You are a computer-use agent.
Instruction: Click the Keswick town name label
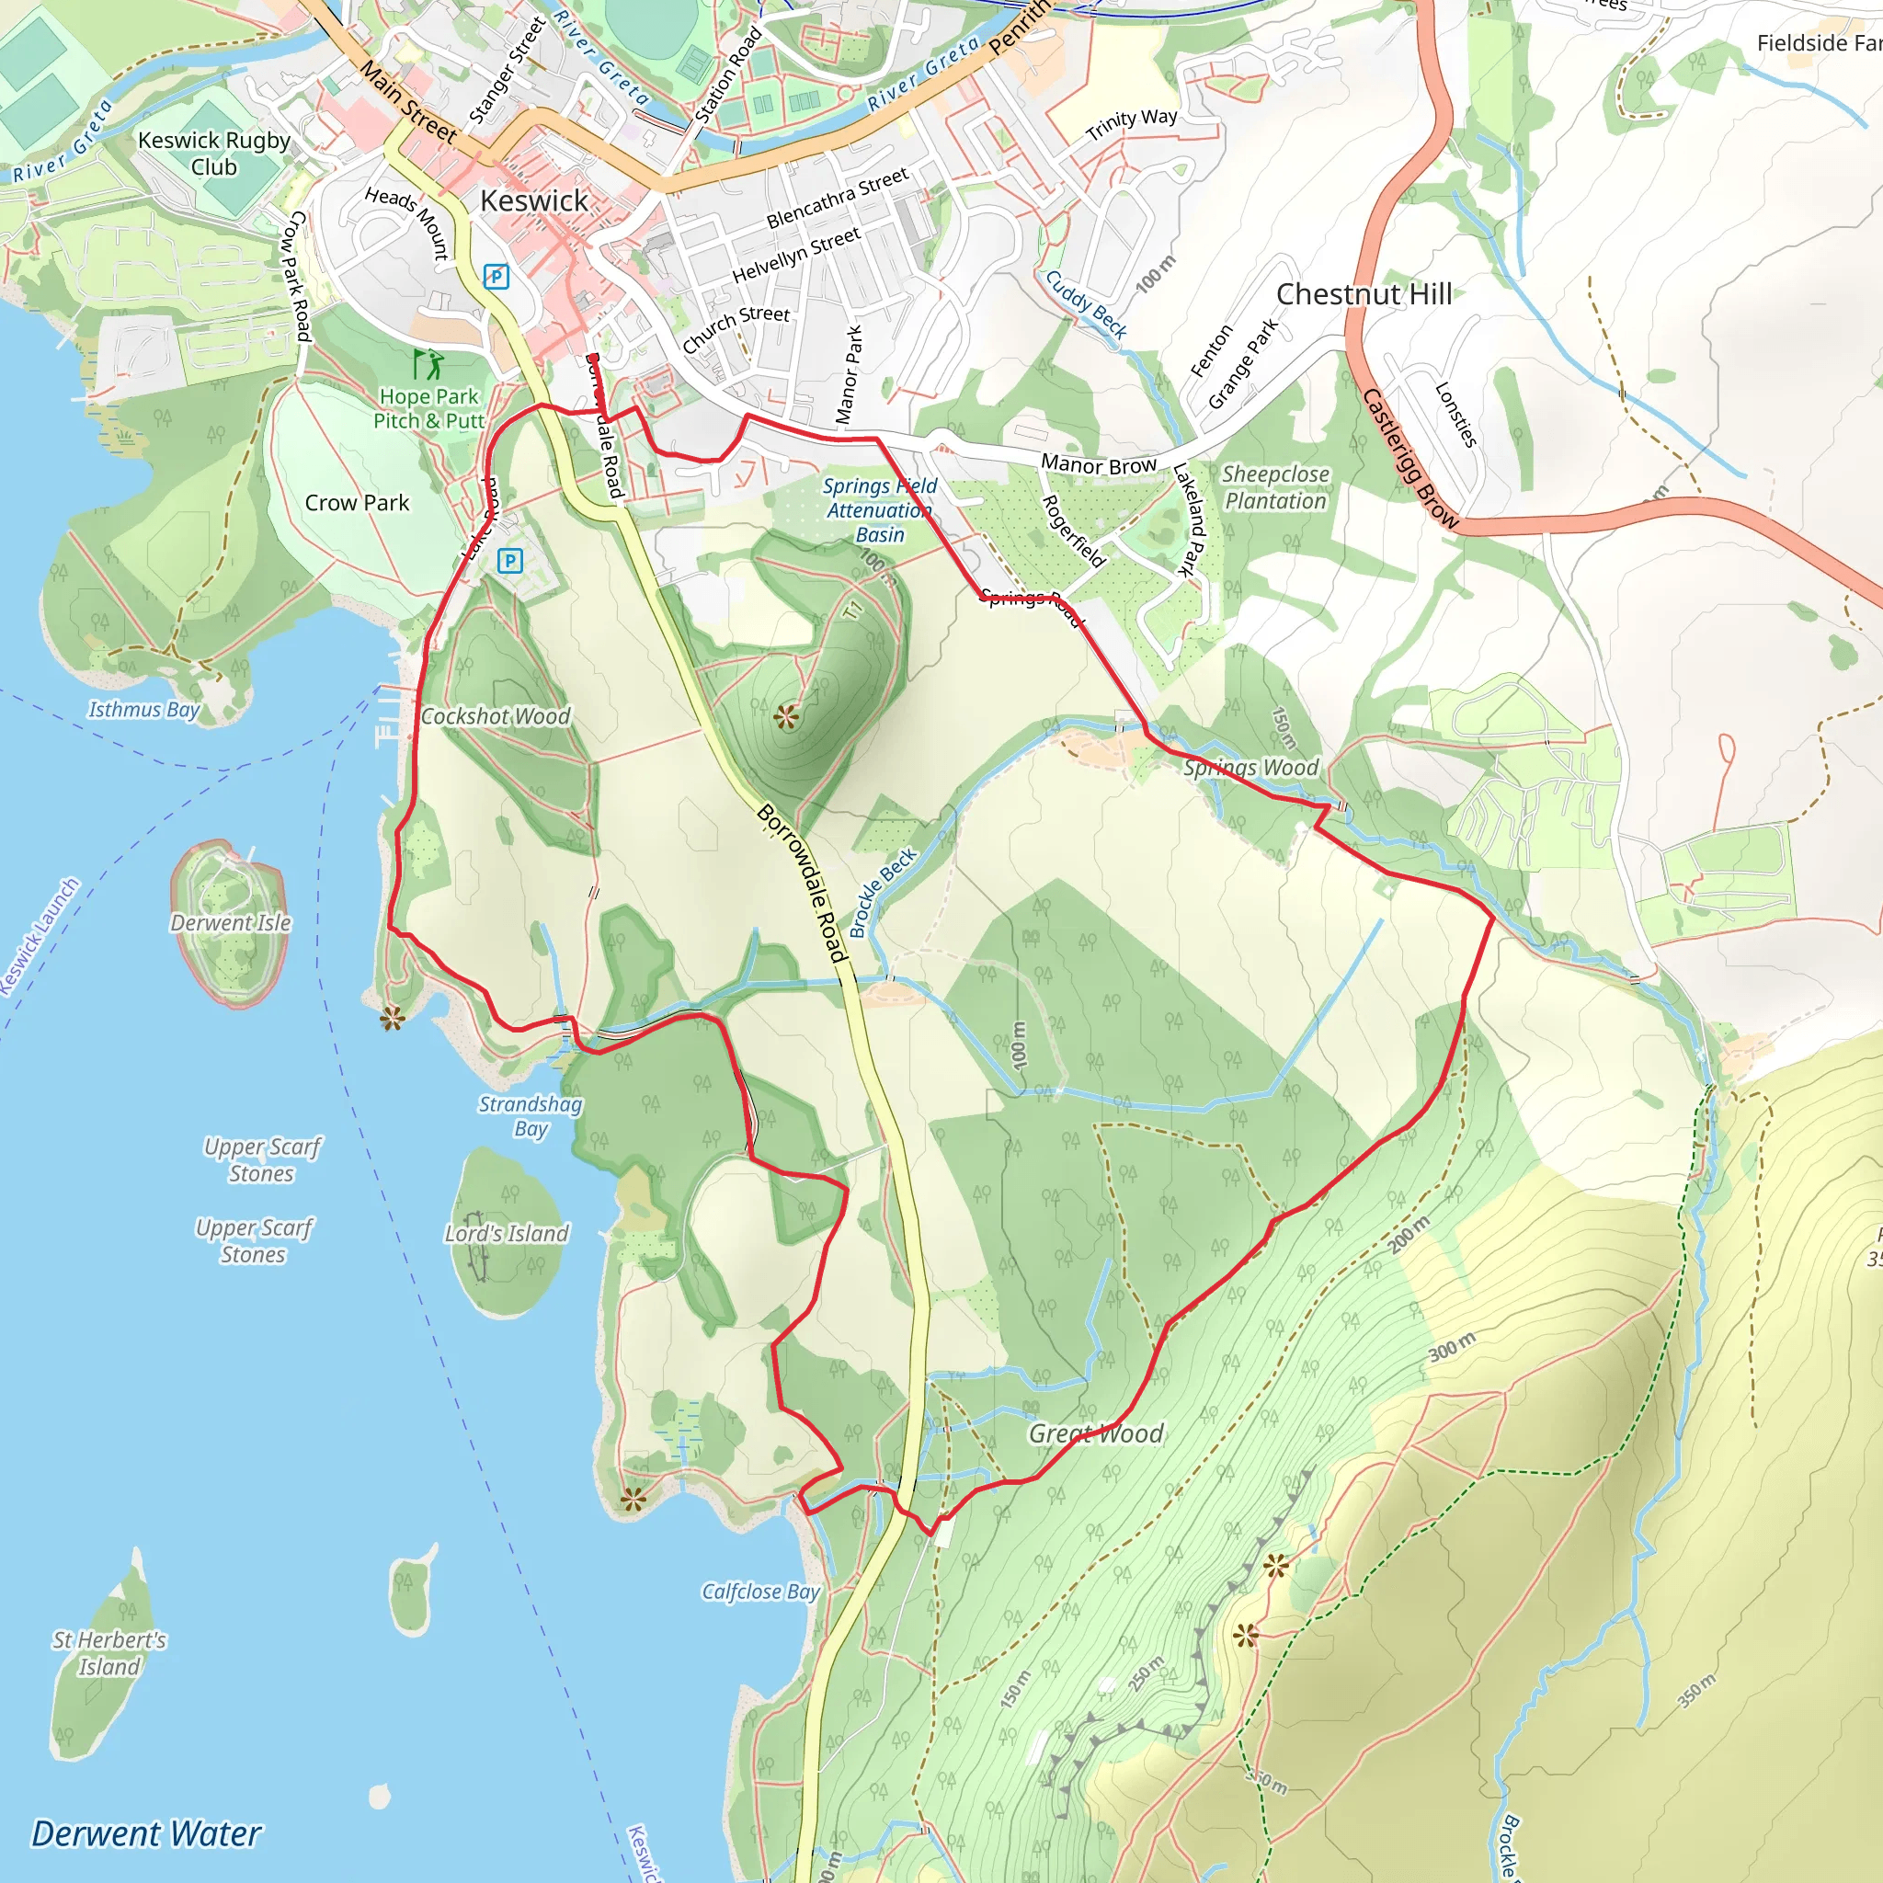[534, 200]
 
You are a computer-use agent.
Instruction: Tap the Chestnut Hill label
[1364, 293]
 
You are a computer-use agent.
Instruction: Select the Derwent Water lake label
[146, 1833]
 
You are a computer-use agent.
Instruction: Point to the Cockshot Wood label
[496, 716]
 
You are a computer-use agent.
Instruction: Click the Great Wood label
[1097, 1432]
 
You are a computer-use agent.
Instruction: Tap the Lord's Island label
[507, 1233]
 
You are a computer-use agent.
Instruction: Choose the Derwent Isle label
[231, 922]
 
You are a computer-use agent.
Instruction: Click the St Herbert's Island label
[109, 1653]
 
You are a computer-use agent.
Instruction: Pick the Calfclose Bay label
[760, 1592]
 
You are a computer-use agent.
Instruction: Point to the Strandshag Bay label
[531, 1116]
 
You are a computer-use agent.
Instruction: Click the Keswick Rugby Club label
[214, 153]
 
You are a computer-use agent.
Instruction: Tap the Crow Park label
[357, 503]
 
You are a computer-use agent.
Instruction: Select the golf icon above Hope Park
[428, 364]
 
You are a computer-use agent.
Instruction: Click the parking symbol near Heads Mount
[496, 277]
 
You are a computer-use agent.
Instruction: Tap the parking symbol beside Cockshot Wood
[509, 561]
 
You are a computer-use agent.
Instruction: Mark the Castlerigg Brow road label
[1409, 458]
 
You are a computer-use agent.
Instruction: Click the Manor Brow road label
[1099, 465]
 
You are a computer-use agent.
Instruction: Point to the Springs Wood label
[1250, 767]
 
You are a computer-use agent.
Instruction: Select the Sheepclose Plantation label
[1275, 487]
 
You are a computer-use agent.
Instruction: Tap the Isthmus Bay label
[144, 710]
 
